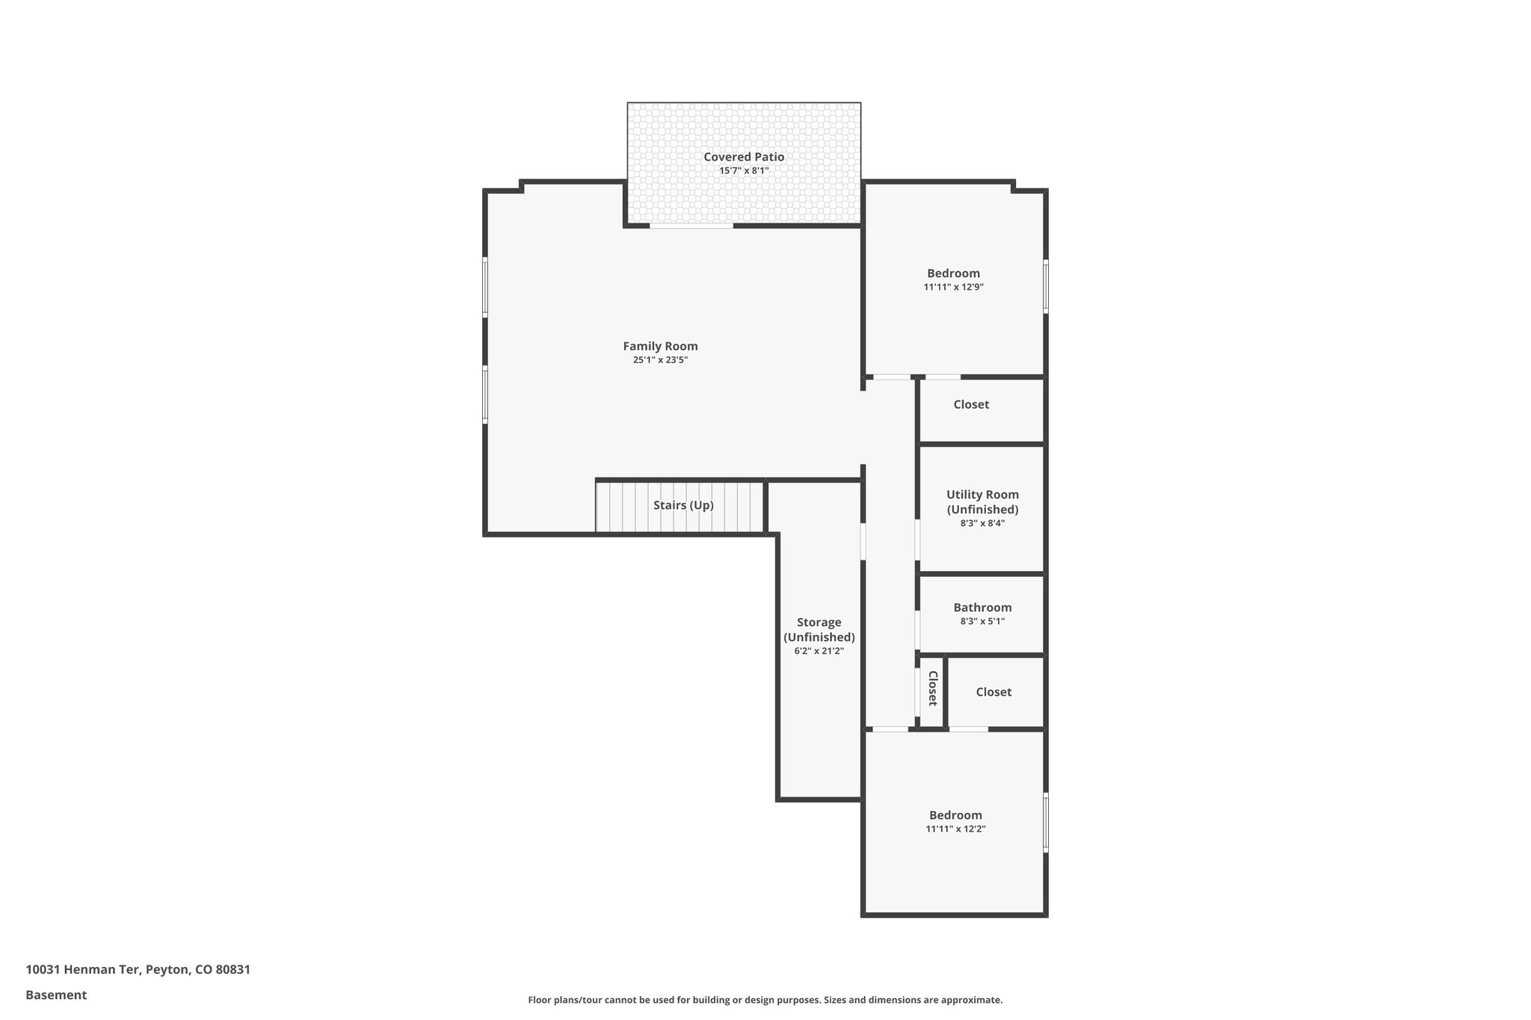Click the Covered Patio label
tap(744, 157)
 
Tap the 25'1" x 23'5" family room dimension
tap(660, 360)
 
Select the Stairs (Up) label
tap(683, 505)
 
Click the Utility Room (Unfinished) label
tap(982, 501)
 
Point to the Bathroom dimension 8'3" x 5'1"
tap(982, 621)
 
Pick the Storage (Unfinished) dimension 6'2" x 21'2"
tap(819, 651)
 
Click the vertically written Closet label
tap(932, 688)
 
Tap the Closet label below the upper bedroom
tap(971, 404)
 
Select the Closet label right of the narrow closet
tap(994, 692)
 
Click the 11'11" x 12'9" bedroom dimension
tap(953, 287)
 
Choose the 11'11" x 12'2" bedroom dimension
tap(955, 829)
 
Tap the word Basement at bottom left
tap(56, 995)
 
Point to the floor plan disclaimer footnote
tap(765, 1000)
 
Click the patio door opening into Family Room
tap(691, 226)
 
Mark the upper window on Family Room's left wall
tap(485, 286)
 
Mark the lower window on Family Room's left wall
tap(485, 394)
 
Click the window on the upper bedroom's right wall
tap(1045, 285)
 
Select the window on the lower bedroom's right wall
tap(1045, 822)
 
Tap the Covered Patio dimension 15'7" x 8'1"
tap(744, 171)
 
